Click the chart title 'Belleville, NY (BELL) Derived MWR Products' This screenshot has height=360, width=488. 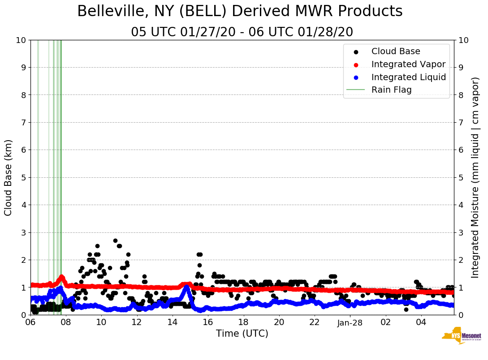point(240,12)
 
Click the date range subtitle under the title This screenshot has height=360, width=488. point(242,32)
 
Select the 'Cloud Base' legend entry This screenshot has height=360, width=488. point(396,51)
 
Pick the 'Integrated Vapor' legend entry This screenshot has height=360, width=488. point(408,64)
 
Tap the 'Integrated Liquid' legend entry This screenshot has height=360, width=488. point(409,77)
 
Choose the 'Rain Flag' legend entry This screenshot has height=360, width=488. point(391,90)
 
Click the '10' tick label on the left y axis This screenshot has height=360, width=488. point(21,40)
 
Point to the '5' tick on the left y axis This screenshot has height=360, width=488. point(23,178)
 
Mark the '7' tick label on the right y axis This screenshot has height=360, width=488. point(460,123)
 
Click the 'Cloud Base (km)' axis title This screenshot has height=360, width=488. point(9,177)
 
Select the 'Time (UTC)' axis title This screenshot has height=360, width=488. point(242,334)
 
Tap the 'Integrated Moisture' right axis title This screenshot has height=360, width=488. point(475,177)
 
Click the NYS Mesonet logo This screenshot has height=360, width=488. point(461,336)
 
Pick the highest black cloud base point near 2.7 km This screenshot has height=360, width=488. point(115,240)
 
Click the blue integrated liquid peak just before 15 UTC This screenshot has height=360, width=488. point(186,287)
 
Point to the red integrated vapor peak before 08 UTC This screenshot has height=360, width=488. point(61,277)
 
